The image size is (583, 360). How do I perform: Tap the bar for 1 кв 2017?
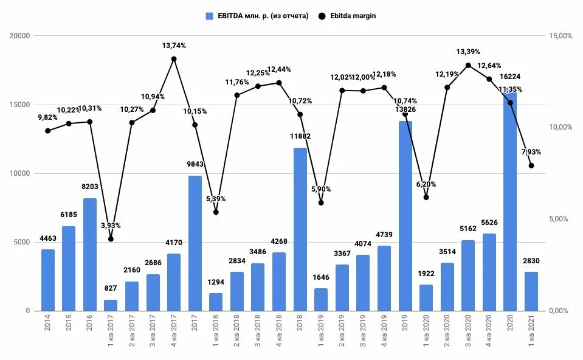click(x=111, y=305)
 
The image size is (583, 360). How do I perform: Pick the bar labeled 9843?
click(x=195, y=243)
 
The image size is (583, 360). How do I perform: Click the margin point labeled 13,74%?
click(x=174, y=59)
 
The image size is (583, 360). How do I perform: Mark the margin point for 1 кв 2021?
click(x=531, y=165)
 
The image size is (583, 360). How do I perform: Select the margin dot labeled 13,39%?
click(x=468, y=65)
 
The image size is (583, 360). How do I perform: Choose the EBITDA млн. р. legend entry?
click(x=258, y=16)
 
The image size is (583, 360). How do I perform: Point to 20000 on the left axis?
click(x=20, y=36)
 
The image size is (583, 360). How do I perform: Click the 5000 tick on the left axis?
click(x=22, y=242)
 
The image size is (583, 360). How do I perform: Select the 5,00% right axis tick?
click(x=561, y=219)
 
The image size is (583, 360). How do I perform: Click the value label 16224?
click(x=509, y=77)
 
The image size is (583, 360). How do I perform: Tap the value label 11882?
click(x=300, y=136)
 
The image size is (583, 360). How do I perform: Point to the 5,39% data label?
click(x=215, y=199)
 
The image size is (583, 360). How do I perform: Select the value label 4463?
click(x=47, y=238)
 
